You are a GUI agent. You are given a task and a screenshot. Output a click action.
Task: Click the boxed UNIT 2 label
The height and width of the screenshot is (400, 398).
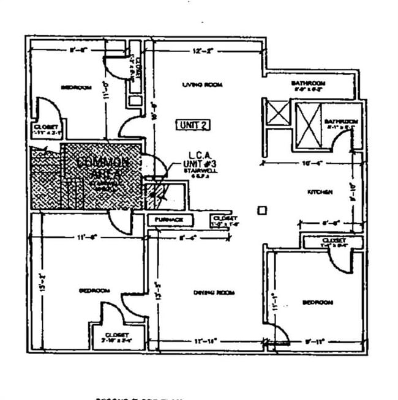(194, 125)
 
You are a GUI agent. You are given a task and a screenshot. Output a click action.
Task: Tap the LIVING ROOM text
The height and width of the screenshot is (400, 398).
(202, 85)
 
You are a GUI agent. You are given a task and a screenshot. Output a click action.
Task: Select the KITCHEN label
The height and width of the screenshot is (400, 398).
(320, 193)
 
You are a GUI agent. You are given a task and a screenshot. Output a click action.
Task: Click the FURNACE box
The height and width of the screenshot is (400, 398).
(170, 220)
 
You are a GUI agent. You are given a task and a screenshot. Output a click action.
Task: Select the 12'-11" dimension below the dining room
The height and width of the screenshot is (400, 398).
(208, 340)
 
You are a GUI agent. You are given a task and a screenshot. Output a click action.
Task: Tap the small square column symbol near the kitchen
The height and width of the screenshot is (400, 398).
(262, 211)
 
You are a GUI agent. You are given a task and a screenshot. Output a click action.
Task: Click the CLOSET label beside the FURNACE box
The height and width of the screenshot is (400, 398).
(224, 218)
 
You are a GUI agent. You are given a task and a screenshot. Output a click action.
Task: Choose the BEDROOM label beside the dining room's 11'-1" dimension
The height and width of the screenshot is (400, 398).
(318, 302)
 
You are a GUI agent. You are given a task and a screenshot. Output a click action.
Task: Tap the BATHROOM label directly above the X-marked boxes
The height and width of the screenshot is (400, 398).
(308, 83)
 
